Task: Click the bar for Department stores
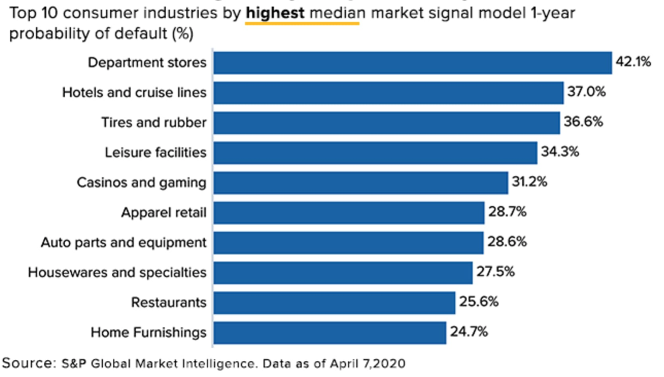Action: pyautogui.click(x=413, y=62)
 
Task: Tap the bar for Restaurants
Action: pyautogui.click(x=334, y=302)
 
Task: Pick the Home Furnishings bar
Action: pyautogui.click(x=330, y=332)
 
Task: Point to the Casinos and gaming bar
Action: pyautogui.click(x=361, y=182)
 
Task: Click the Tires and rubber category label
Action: pyautogui.click(x=153, y=122)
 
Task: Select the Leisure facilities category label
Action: pyautogui.click(x=155, y=152)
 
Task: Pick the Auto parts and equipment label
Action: pyautogui.click(x=123, y=242)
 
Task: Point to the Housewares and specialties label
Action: pyautogui.click(x=117, y=272)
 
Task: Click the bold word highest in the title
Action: pyautogui.click(x=275, y=13)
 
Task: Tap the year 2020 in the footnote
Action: pyautogui.click(x=391, y=363)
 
